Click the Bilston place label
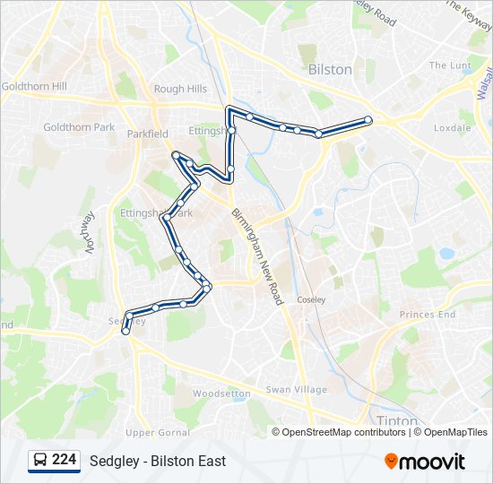point(330,69)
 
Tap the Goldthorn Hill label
point(34,87)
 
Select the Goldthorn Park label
point(79,127)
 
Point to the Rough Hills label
point(180,89)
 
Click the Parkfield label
point(147,134)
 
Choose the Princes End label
point(428,315)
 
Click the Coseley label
point(312,299)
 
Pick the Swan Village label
point(296,390)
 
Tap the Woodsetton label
point(222,393)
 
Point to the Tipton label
point(392,420)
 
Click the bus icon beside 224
point(40,461)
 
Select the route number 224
point(64,460)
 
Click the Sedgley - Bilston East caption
point(158,462)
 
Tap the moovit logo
point(425,462)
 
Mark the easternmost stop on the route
point(368,120)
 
